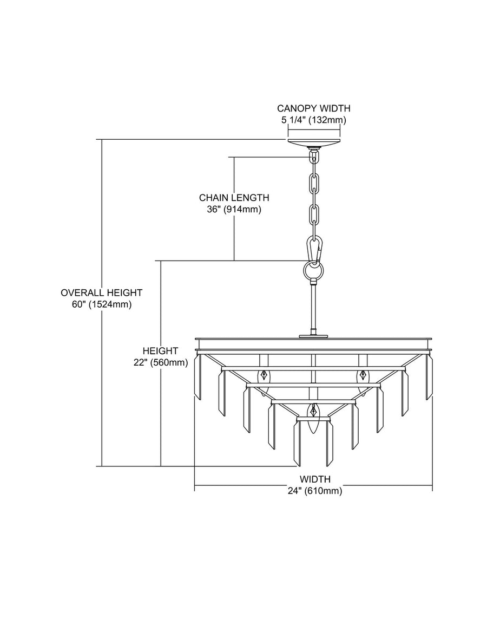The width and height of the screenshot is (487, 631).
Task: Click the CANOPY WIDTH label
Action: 314,108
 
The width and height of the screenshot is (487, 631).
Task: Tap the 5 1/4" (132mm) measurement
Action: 314,120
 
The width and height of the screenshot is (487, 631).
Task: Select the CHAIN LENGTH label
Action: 234,198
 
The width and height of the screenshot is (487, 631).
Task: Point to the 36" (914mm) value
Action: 234,209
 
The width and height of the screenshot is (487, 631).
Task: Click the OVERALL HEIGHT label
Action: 102,292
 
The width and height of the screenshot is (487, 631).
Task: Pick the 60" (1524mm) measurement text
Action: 102,304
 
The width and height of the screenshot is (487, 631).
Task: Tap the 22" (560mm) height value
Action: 161,362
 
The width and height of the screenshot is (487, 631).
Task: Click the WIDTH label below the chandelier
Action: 315,479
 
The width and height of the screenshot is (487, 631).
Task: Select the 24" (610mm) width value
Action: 315,491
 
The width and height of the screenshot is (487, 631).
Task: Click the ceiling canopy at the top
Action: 314,143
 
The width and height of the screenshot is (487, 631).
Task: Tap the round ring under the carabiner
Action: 313,270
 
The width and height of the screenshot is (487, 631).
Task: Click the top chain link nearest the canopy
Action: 313,159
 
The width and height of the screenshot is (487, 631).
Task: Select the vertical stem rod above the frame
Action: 313,307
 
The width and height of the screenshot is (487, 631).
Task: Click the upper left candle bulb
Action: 264,380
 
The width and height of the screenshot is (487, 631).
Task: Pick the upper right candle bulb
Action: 363,380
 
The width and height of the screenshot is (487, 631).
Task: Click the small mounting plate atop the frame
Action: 313,336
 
